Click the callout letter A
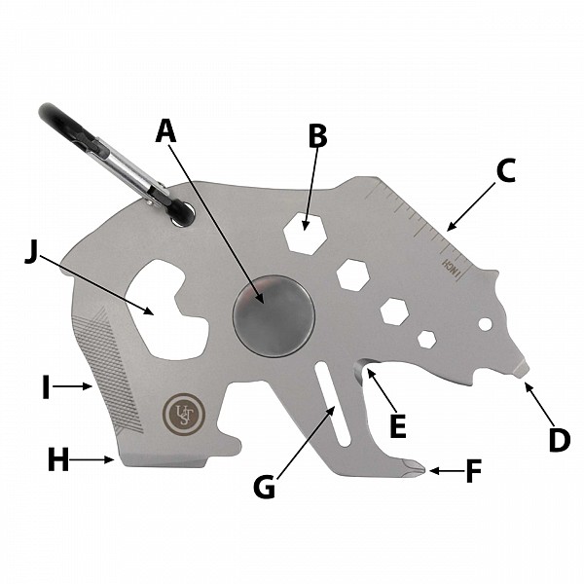(x=165, y=130)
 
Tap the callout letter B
(x=318, y=135)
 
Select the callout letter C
(x=506, y=171)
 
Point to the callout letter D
(x=560, y=440)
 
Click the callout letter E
(x=398, y=426)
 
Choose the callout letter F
(x=474, y=471)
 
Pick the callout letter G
(x=265, y=487)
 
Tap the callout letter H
(x=58, y=460)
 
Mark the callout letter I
(x=46, y=387)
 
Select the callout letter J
(x=32, y=254)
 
